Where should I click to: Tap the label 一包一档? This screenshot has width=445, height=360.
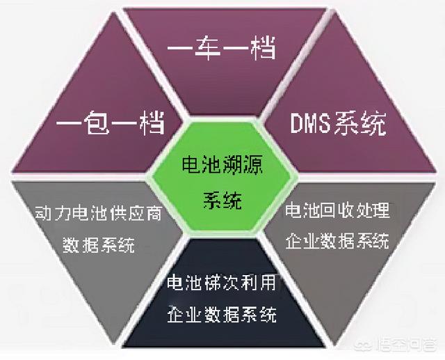click(x=111, y=125)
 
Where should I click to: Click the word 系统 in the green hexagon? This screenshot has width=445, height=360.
click(x=222, y=202)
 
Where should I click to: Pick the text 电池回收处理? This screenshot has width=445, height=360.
click(x=339, y=210)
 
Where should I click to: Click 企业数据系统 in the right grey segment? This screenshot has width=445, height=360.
click(x=339, y=242)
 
